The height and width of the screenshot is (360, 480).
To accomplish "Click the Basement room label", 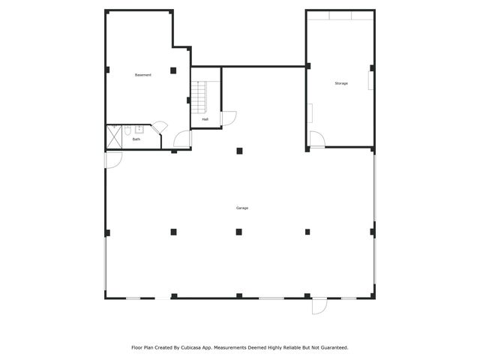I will click(142, 75).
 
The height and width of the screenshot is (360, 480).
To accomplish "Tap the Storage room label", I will click(341, 83).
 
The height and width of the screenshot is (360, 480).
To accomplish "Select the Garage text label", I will click(241, 208).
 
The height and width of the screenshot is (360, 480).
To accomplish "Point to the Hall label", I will click(205, 119).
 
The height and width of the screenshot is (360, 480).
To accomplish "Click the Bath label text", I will click(136, 139).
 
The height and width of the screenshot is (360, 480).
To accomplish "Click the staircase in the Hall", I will click(199, 97).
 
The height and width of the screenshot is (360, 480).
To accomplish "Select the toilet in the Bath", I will click(127, 130).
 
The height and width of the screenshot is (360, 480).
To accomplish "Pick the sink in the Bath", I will click(139, 129).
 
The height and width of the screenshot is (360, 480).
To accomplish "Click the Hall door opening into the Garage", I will click(228, 118).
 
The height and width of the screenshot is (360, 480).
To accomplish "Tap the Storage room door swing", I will click(316, 139).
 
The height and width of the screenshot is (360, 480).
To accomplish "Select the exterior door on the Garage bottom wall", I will click(319, 305).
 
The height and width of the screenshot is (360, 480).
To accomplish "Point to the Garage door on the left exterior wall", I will click(113, 160).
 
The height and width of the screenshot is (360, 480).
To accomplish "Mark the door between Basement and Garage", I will click(182, 139).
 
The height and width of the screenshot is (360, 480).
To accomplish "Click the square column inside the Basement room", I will click(173, 70).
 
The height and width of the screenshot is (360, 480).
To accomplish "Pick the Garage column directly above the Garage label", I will click(239, 151).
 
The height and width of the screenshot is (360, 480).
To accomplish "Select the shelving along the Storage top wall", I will click(340, 15).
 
